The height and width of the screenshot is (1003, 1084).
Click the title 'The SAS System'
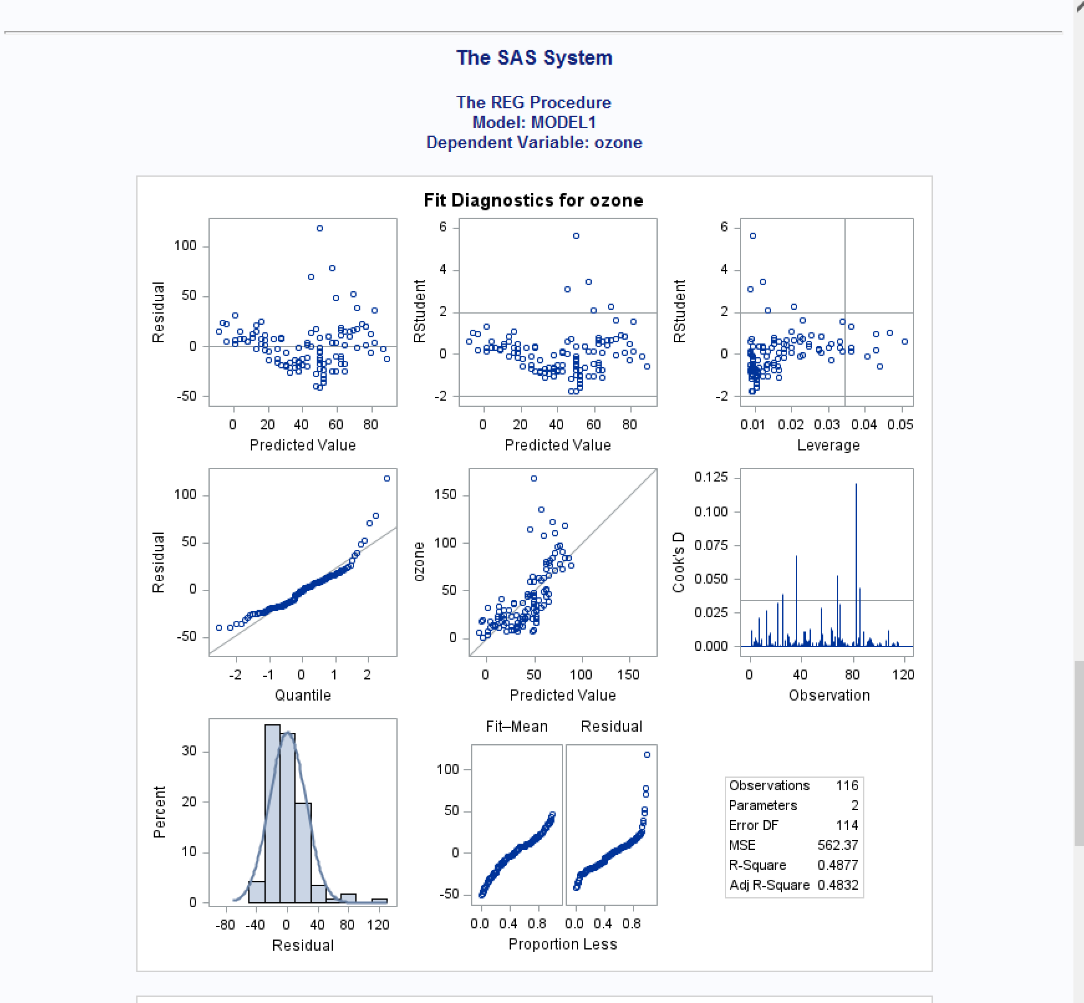(534, 58)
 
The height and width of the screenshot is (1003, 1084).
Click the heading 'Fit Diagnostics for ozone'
(533, 200)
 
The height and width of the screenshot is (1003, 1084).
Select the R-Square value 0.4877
(838, 865)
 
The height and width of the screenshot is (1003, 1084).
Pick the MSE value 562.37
(838, 845)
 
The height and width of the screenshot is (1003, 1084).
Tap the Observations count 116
(847, 785)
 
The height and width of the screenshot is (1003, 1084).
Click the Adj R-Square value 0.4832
(838, 885)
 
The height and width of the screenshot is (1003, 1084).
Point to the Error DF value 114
(847, 825)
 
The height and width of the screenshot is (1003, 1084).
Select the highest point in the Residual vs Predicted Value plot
(320, 228)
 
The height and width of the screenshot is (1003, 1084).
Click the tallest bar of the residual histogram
(273, 809)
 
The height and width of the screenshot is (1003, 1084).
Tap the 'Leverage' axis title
(828, 446)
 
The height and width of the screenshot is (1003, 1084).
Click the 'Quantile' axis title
(303, 695)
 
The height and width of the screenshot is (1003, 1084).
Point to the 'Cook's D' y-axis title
(678, 562)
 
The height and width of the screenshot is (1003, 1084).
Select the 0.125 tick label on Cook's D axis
(711, 477)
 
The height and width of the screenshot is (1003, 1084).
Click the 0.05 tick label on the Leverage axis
(900, 424)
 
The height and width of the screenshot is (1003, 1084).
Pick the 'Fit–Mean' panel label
(516, 727)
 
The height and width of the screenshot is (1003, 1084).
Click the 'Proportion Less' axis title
(563, 945)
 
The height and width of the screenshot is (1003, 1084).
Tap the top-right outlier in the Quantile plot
(387, 478)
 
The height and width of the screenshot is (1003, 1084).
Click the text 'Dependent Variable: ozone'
(534, 142)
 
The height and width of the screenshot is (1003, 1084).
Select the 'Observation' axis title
(829, 696)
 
